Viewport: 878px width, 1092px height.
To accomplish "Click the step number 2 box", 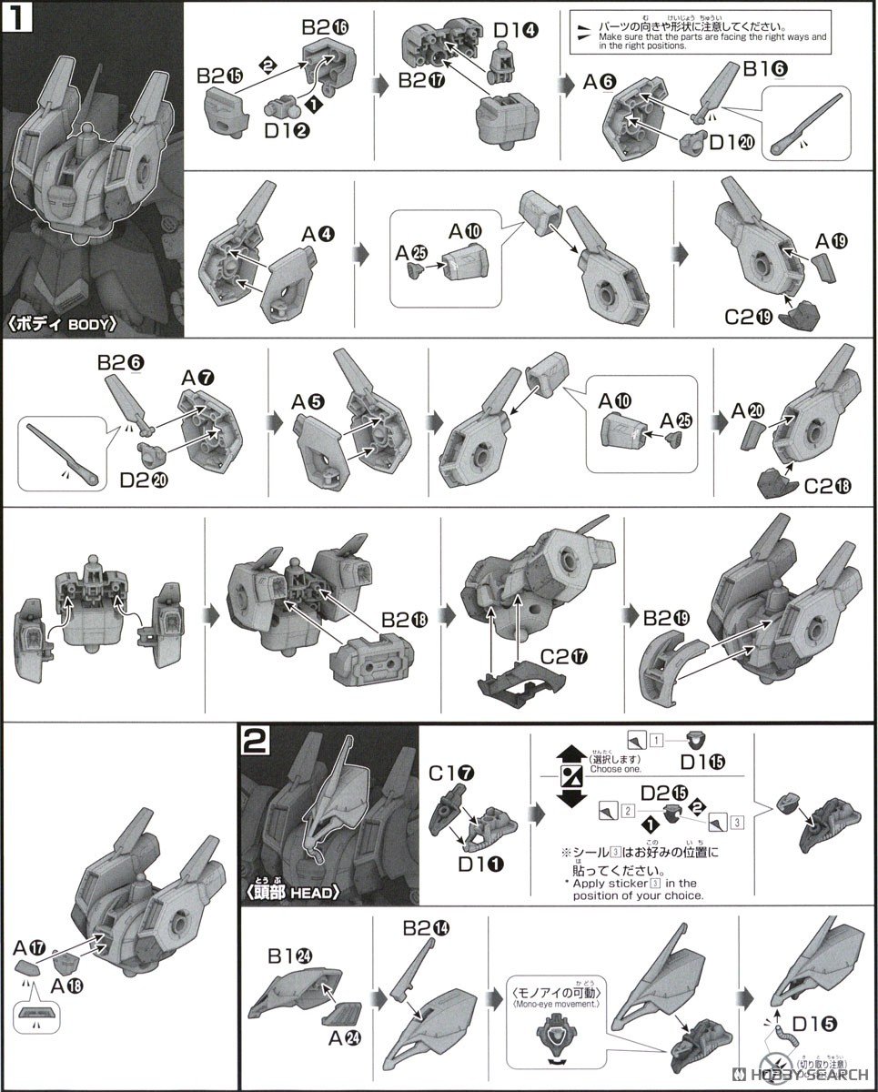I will point(256,741).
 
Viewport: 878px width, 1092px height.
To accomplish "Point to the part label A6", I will point(600,83).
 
